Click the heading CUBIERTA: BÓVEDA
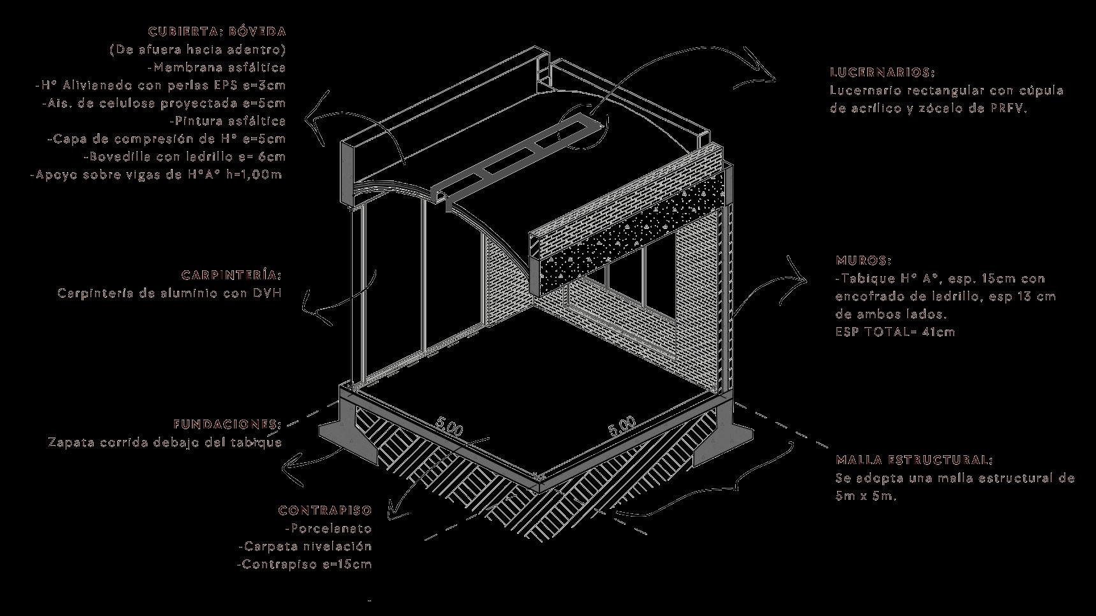tap(217, 31)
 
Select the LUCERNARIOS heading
tap(882, 73)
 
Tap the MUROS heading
tap(863, 261)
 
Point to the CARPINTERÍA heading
tap(231, 275)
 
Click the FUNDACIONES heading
tap(227, 424)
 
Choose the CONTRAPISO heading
tap(325, 511)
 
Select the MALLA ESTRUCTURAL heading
tap(914, 460)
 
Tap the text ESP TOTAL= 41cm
tap(895, 332)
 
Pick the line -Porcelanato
tap(328, 529)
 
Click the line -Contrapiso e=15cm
tap(304, 564)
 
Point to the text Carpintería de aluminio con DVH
tap(170, 293)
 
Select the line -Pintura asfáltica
tap(228, 121)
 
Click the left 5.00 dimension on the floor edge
tap(449, 427)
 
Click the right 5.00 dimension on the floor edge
tap(622, 426)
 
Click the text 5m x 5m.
tap(866, 496)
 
